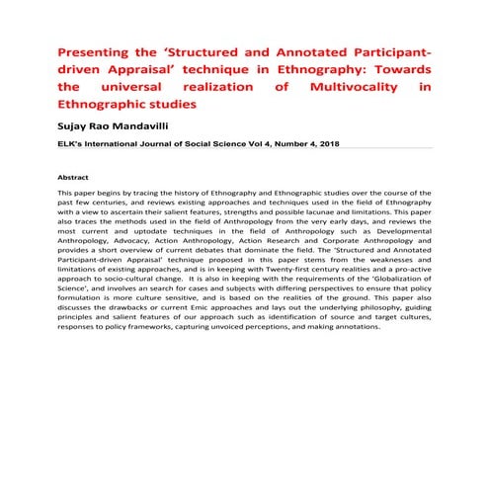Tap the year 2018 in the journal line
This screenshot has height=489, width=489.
320,145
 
